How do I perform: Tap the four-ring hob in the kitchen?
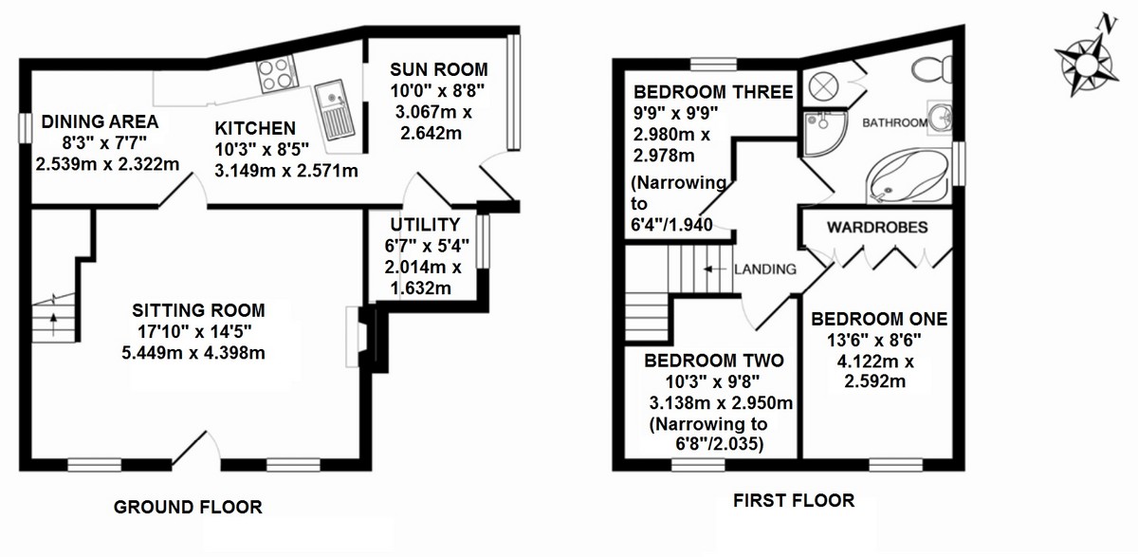277,74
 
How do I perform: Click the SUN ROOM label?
439,69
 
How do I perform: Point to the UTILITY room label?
425,224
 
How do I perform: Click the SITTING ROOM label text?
198,310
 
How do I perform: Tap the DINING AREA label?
101,122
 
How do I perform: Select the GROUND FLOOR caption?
188,507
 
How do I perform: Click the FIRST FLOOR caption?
794,501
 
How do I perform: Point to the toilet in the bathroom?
933,69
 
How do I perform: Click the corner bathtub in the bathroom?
908,176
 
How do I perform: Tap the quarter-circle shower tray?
823,134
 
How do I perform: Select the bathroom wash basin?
940,118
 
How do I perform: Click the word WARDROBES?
877,227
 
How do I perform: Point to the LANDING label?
765,269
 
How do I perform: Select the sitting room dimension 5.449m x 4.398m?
193,353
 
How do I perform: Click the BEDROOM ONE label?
879,319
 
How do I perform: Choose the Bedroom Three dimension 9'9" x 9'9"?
675,113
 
